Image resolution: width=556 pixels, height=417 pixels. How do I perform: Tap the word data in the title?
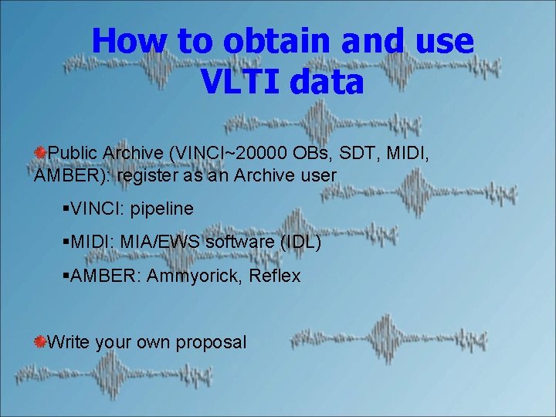327,82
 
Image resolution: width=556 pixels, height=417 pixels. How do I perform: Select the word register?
148,175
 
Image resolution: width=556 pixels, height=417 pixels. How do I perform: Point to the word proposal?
212,342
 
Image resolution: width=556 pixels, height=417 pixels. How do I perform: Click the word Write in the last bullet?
69,342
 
